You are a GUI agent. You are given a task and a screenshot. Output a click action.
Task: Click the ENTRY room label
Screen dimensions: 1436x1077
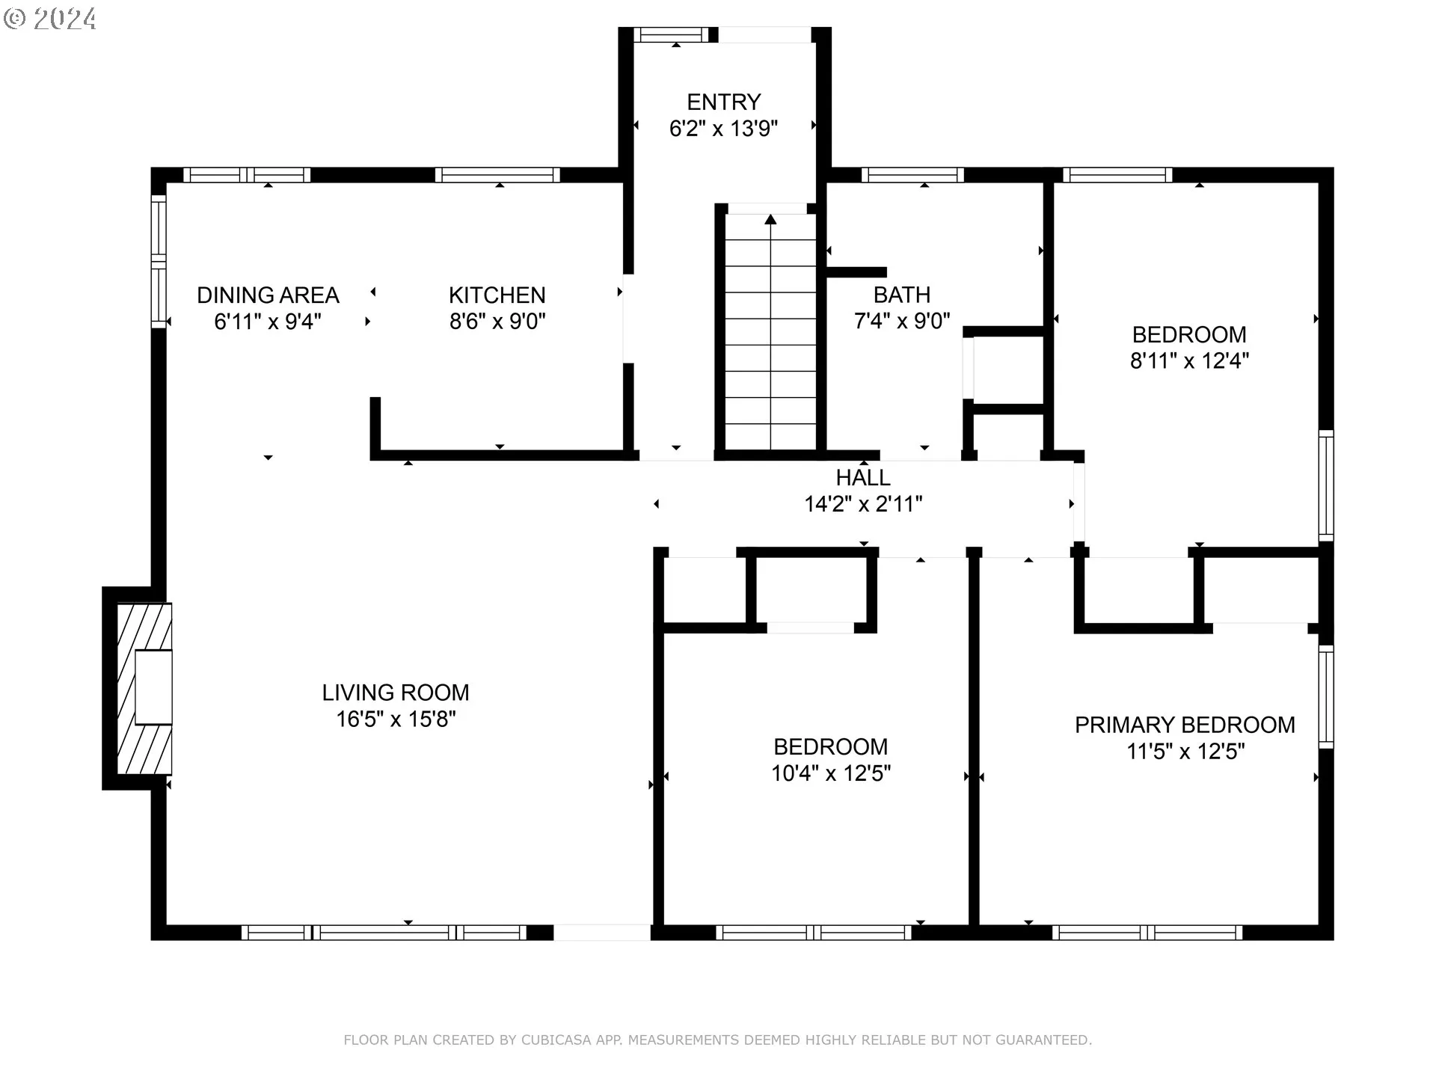[723, 102]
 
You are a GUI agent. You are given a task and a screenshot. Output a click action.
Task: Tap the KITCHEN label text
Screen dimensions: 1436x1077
[497, 295]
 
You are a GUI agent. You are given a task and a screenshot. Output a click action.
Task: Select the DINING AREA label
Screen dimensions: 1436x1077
[268, 295]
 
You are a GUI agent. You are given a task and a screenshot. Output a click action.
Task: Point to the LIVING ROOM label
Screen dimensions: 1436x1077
[396, 693]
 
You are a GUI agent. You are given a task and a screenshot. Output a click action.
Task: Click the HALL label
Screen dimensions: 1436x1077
[863, 477]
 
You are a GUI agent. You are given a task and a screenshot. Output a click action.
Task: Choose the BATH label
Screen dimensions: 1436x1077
[902, 295]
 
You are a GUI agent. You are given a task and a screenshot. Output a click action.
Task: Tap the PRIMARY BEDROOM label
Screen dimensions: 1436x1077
[1185, 725]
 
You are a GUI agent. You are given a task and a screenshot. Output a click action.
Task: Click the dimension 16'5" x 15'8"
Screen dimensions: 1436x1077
[396, 719]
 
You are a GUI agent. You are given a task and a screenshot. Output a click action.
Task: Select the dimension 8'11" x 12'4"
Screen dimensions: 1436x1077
[1189, 360]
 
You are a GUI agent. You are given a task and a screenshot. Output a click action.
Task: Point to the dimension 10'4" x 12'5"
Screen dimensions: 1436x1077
[831, 773]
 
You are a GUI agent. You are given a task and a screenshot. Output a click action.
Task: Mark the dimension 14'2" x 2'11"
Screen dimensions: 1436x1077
[863, 503]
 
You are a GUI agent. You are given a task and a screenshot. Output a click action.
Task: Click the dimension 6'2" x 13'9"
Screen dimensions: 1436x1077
[723, 128]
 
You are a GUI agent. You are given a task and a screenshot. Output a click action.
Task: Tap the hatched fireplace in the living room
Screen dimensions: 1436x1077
[144, 688]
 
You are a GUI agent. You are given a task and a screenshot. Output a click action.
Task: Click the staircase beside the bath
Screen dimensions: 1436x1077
[770, 332]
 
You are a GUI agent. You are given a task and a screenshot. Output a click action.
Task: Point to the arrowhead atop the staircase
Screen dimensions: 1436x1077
[770, 219]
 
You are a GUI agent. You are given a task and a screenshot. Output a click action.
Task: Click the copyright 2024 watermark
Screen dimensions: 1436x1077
[50, 19]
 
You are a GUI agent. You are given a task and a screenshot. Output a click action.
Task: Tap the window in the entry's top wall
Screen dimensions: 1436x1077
[671, 34]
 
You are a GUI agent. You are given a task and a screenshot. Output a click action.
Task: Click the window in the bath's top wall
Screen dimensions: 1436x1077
[912, 175]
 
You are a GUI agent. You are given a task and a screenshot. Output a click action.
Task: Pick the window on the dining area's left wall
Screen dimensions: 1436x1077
[159, 261]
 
